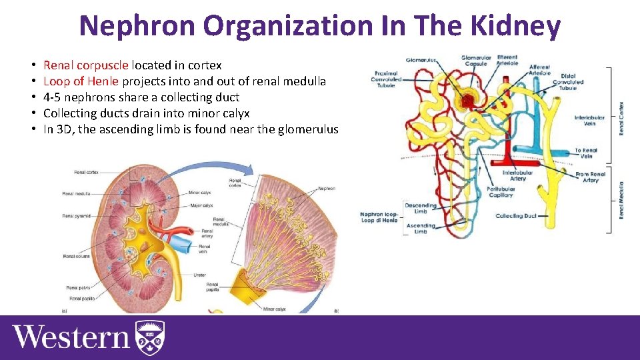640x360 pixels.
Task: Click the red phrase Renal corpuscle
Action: [86, 65]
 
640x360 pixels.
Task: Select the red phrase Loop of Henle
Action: [81, 81]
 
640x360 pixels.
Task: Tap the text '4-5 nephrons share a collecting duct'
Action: [141, 97]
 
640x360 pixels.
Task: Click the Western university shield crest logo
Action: [150, 337]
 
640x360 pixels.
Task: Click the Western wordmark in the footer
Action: [71, 337]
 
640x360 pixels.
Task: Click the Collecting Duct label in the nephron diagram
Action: [515, 216]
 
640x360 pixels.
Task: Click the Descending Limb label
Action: [420, 209]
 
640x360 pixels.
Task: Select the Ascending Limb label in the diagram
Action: [420, 229]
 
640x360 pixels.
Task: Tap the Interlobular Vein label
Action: [589, 121]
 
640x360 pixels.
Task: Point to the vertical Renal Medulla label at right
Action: [621, 200]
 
